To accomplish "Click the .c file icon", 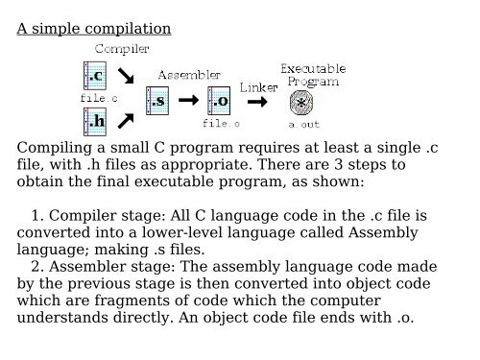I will pos(97,76).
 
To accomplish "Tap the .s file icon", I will pos(156,99).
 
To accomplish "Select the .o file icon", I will pos(220,99).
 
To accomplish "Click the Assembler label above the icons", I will pos(189,73).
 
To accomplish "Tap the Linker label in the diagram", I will pos(258,87).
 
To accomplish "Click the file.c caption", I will pos(98,98).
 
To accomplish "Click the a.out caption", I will pos(304,123).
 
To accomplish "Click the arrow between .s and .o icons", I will pos(188,99).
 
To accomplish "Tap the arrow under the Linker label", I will pos(256,100).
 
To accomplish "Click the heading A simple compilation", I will pos(94,28).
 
